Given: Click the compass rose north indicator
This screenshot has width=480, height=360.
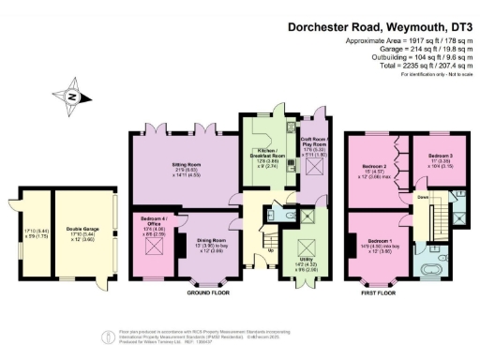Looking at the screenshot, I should coord(70,94).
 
